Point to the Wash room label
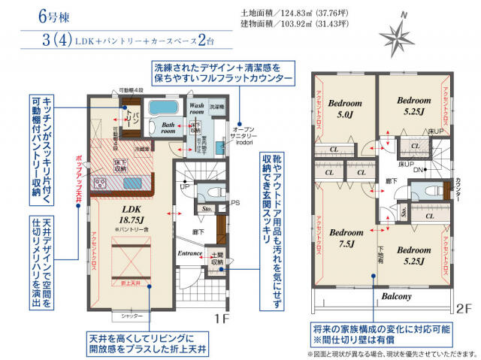coord(196,110)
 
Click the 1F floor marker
coord(219,318)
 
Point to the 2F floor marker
coord(464,308)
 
